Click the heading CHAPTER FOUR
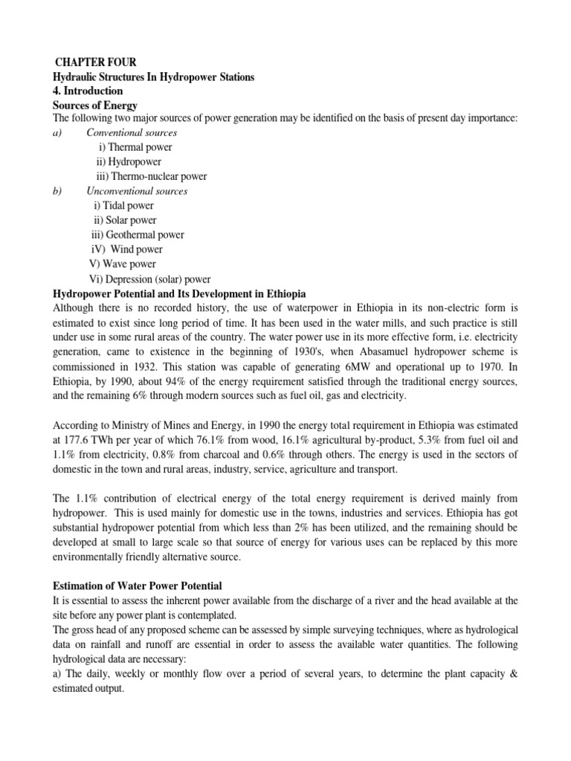[94, 62]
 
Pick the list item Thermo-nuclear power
[152, 176]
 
